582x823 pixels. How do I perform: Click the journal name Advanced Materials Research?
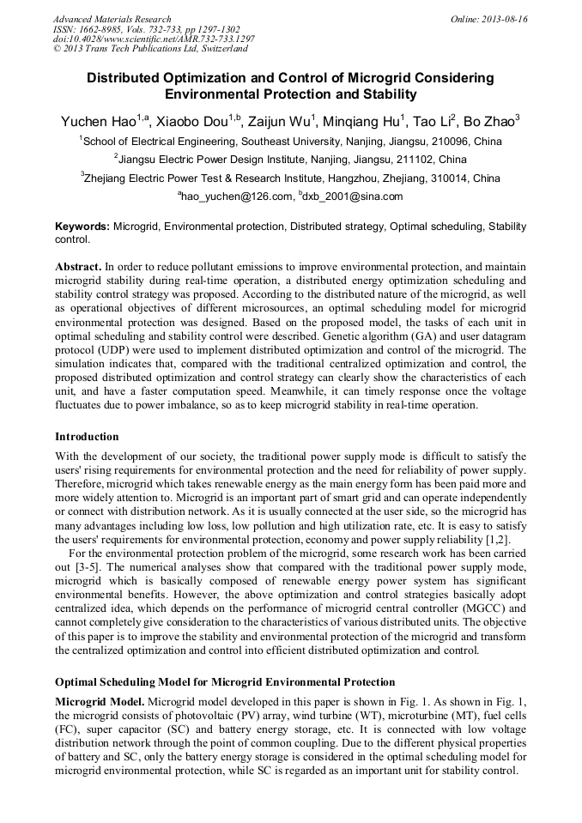tap(112, 19)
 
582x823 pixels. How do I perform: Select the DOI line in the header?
tap(154, 39)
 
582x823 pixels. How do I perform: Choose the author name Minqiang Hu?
tap(359, 121)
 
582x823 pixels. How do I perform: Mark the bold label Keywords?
tap(82, 227)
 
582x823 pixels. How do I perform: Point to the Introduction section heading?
tap(87, 436)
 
